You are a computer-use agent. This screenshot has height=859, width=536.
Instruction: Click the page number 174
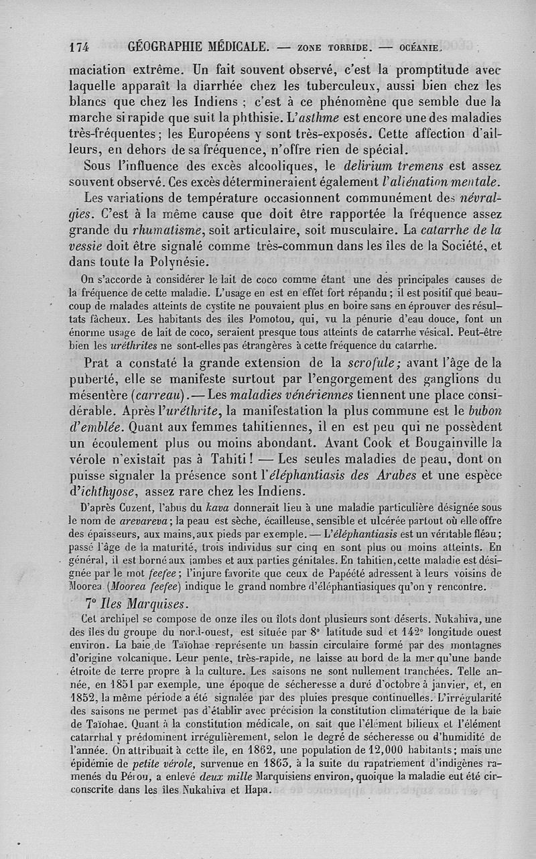79,47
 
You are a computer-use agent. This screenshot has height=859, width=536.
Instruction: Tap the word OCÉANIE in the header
419,48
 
